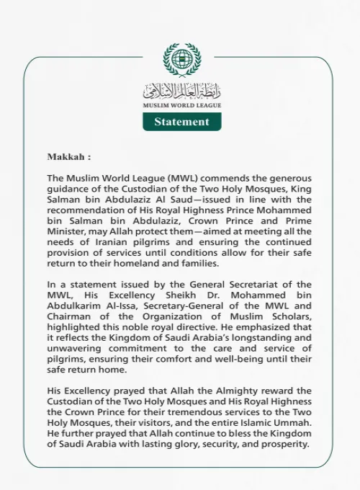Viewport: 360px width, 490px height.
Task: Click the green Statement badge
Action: (x=181, y=122)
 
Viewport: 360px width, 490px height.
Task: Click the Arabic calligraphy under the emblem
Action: (x=181, y=92)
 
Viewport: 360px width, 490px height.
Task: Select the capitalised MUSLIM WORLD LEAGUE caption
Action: (x=181, y=105)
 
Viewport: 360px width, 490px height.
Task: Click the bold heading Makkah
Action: (x=69, y=156)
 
